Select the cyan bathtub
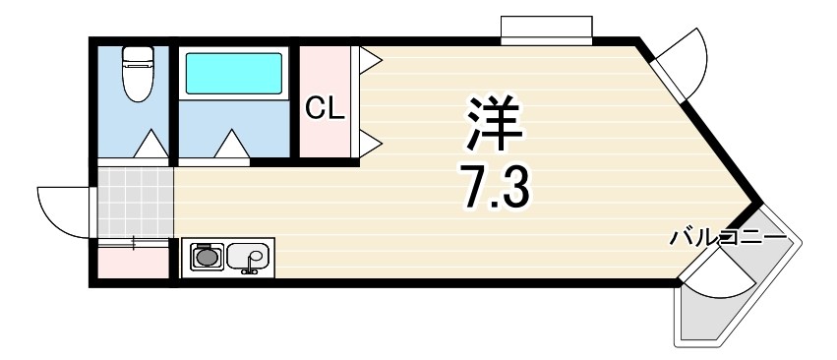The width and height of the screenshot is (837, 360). pos(233,73)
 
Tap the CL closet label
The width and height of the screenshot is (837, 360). pos(324,107)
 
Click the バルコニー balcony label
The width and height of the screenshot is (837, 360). pos(728,237)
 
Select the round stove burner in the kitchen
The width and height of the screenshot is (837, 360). pos(207,258)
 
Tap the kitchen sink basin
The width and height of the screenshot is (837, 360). pos(248,258)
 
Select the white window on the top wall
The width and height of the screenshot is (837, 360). pos(546,30)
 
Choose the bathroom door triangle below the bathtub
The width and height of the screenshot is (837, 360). pos(232,145)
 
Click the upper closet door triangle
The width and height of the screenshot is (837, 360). pos(370,61)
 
